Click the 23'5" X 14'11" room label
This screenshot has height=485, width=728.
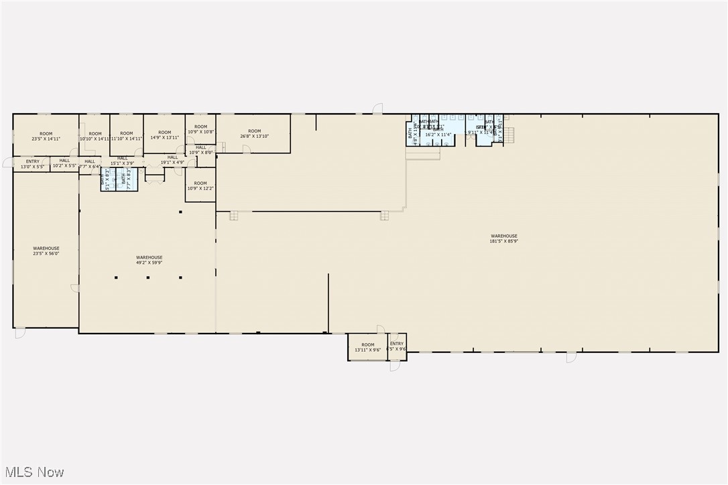tap(46, 137)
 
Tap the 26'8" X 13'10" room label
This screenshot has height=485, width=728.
tap(254, 134)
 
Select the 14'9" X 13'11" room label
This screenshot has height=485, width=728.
tap(164, 135)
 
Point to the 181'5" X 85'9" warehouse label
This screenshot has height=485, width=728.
tap(503, 238)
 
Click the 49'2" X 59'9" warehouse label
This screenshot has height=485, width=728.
tap(149, 260)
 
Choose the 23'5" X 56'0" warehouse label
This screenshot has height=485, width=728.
tap(46, 251)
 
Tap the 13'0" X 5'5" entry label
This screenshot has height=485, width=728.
tap(32, 163)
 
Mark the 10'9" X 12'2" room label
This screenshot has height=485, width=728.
tap(200, 186)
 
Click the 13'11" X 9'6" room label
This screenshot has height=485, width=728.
tap(367, 347)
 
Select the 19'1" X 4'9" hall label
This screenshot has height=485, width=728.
tap(172, 160)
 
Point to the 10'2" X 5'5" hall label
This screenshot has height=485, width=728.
tap(64, 163)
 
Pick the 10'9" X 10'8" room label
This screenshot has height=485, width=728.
tap(200, 129)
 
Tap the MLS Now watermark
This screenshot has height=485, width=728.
tap(33, 472)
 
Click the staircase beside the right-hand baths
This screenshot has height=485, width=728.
tap(509, 135)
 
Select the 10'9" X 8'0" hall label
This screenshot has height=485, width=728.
tap(200, 150)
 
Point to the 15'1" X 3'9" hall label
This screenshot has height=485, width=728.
tap(122, 161)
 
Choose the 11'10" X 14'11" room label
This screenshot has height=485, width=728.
tap(127, 137)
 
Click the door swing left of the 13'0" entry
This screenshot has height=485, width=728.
tap(7, 163)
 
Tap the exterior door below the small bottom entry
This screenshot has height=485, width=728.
tap(394, 366)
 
